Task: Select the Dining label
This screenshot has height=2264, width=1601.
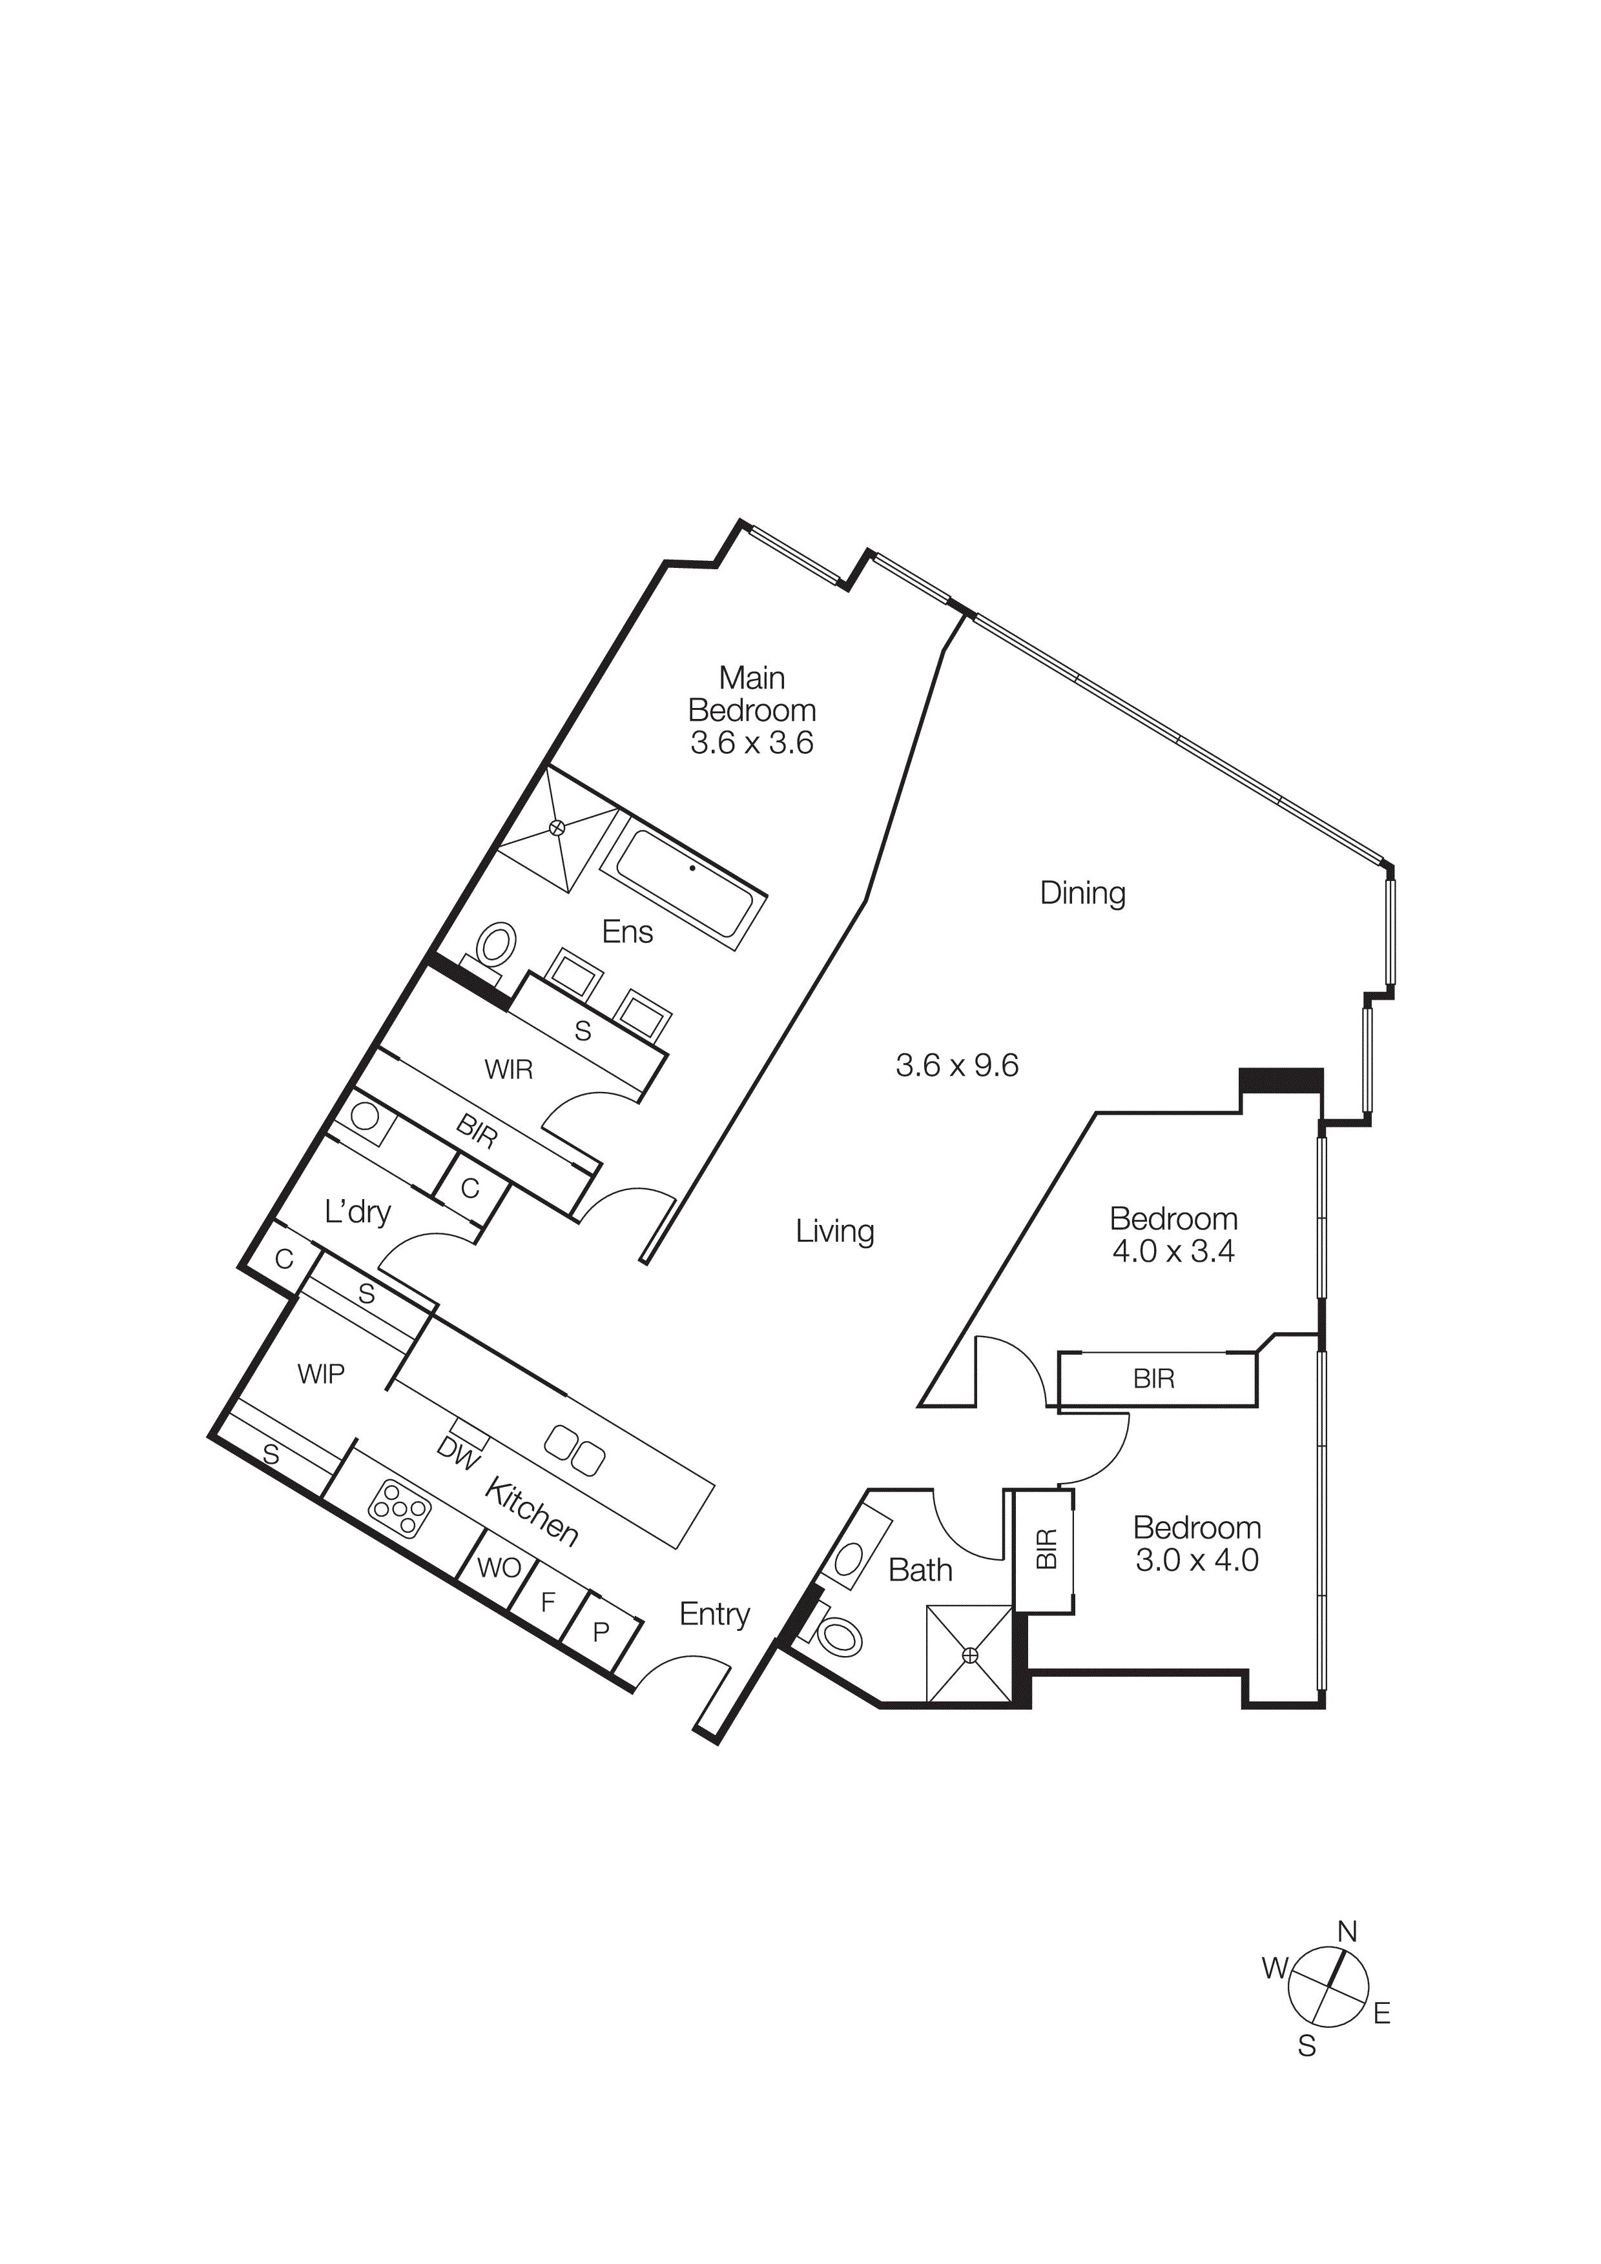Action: pos(1082,893)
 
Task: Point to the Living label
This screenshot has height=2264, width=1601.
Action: pos(834,1231)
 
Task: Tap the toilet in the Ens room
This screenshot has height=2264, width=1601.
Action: pos(496,947)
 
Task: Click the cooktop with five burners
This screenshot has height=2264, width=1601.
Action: pos(400,1510)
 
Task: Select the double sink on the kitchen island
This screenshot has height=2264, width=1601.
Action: pos(575,1450)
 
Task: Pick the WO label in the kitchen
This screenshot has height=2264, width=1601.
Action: pos(498,1568)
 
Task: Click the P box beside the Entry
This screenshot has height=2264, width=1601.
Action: pos(601,1632)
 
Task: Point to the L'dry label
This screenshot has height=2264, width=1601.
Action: pos(357,1211)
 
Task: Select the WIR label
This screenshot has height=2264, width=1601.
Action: pos(508,1069)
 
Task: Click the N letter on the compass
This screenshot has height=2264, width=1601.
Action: pos(1347,1932)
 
